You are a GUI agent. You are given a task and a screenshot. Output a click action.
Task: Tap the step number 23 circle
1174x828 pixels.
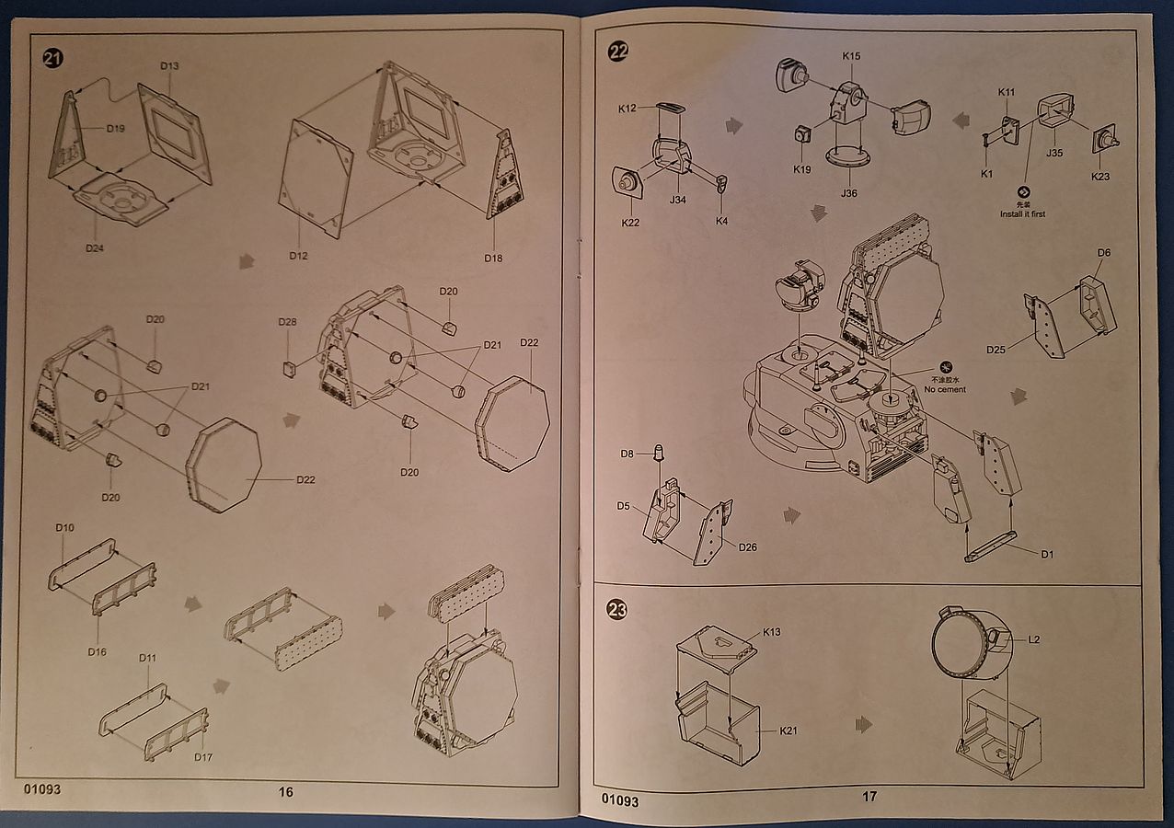pyautogui.click(x=617, y=610)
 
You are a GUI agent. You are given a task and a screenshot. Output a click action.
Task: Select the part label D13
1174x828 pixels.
pyautogui.click(x=169, y=66)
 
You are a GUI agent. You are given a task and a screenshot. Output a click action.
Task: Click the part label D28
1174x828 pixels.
pyautogui.click(x=288, y=322)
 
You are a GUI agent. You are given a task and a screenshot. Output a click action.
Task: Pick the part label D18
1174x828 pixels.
pyautogui.click(x=494, y=258)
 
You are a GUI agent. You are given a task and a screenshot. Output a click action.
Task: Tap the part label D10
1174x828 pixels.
pyautogui.click(x=64, y=528)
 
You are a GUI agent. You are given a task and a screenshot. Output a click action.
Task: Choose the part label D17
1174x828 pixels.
pyautogui.click(x=203, y=757)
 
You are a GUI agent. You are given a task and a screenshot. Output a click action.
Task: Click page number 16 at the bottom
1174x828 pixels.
pyautogui.click(x=285, y=791)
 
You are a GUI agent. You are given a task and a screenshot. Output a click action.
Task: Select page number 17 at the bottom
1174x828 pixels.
pyautogui.click(x=869, y=797)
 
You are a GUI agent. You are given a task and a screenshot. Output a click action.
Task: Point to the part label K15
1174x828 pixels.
pyautogui.click(x=851, y=56)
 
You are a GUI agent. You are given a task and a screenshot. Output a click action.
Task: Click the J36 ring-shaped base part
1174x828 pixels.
pyautogui.click(x=847, y=156)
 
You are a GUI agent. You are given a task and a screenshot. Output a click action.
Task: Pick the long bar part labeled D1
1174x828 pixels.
pyautogui.click(x=990, y=546)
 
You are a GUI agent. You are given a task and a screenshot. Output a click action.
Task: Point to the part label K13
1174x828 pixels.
pyautogui.click(x=771, y=633)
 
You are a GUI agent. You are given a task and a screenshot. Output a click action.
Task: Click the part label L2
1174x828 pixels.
pyautogui.click(x=1034, y=638)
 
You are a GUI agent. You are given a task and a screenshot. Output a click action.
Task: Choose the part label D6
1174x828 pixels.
pyautogui.click(x=1104, y=252)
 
